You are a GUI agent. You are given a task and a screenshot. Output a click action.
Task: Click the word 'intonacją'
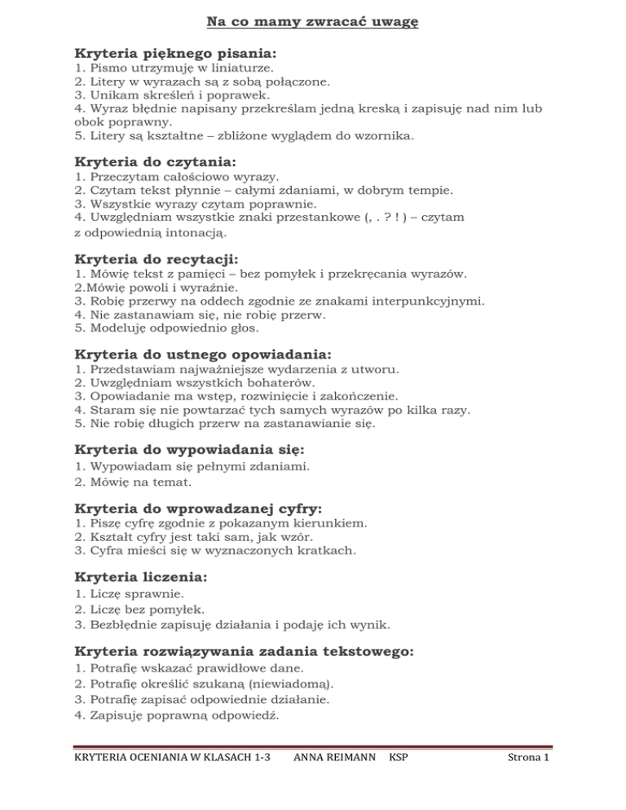tap(194, 233)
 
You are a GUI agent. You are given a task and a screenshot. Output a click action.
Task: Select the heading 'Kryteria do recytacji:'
tap(156, 260)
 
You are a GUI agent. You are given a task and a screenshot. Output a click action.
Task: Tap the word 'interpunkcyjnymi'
tap(429, 302)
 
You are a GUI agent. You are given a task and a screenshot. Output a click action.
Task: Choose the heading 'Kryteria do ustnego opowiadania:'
tap(203, 355)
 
